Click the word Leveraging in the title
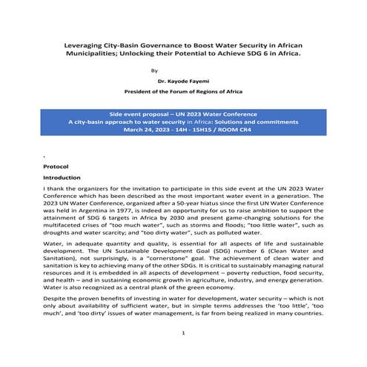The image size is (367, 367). (82, 45)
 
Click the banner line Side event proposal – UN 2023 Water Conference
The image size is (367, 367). (182, 107)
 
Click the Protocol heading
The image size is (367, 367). (56, 168)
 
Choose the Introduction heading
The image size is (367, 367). (61, 179)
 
